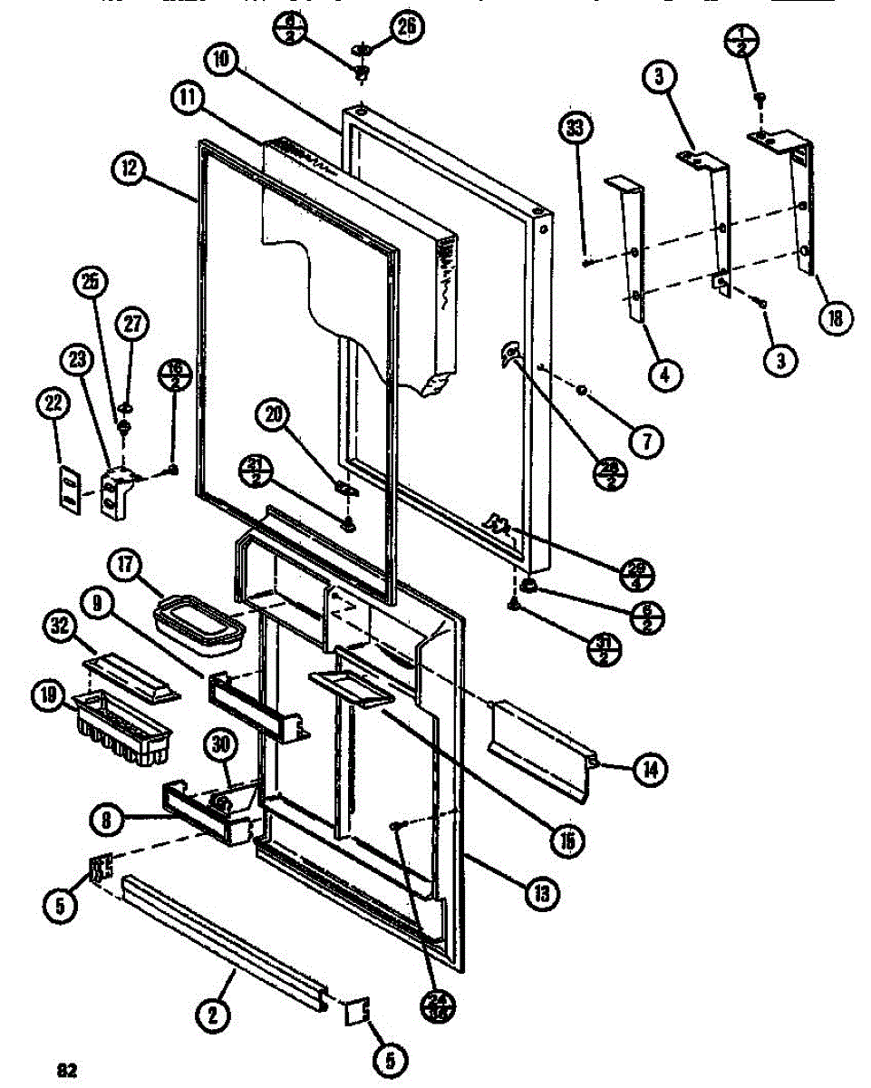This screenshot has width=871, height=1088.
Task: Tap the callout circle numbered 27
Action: coord(132,325)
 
